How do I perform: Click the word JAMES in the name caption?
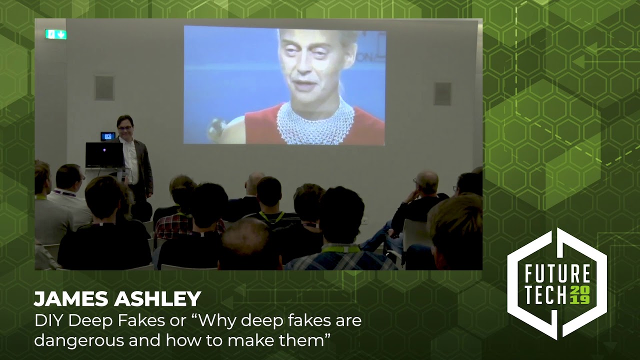tap(70, 299)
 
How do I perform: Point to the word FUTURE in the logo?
tap(557, 274)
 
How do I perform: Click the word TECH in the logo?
tap(545, 295)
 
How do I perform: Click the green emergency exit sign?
tap(55, 34)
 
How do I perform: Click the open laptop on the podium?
tap(103, 155)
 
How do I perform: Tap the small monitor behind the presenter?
tap(107, 136)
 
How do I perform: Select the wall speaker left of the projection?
tap(104, 88)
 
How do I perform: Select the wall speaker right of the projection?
tap(443, 93)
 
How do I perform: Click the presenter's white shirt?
tap(131, 160)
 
